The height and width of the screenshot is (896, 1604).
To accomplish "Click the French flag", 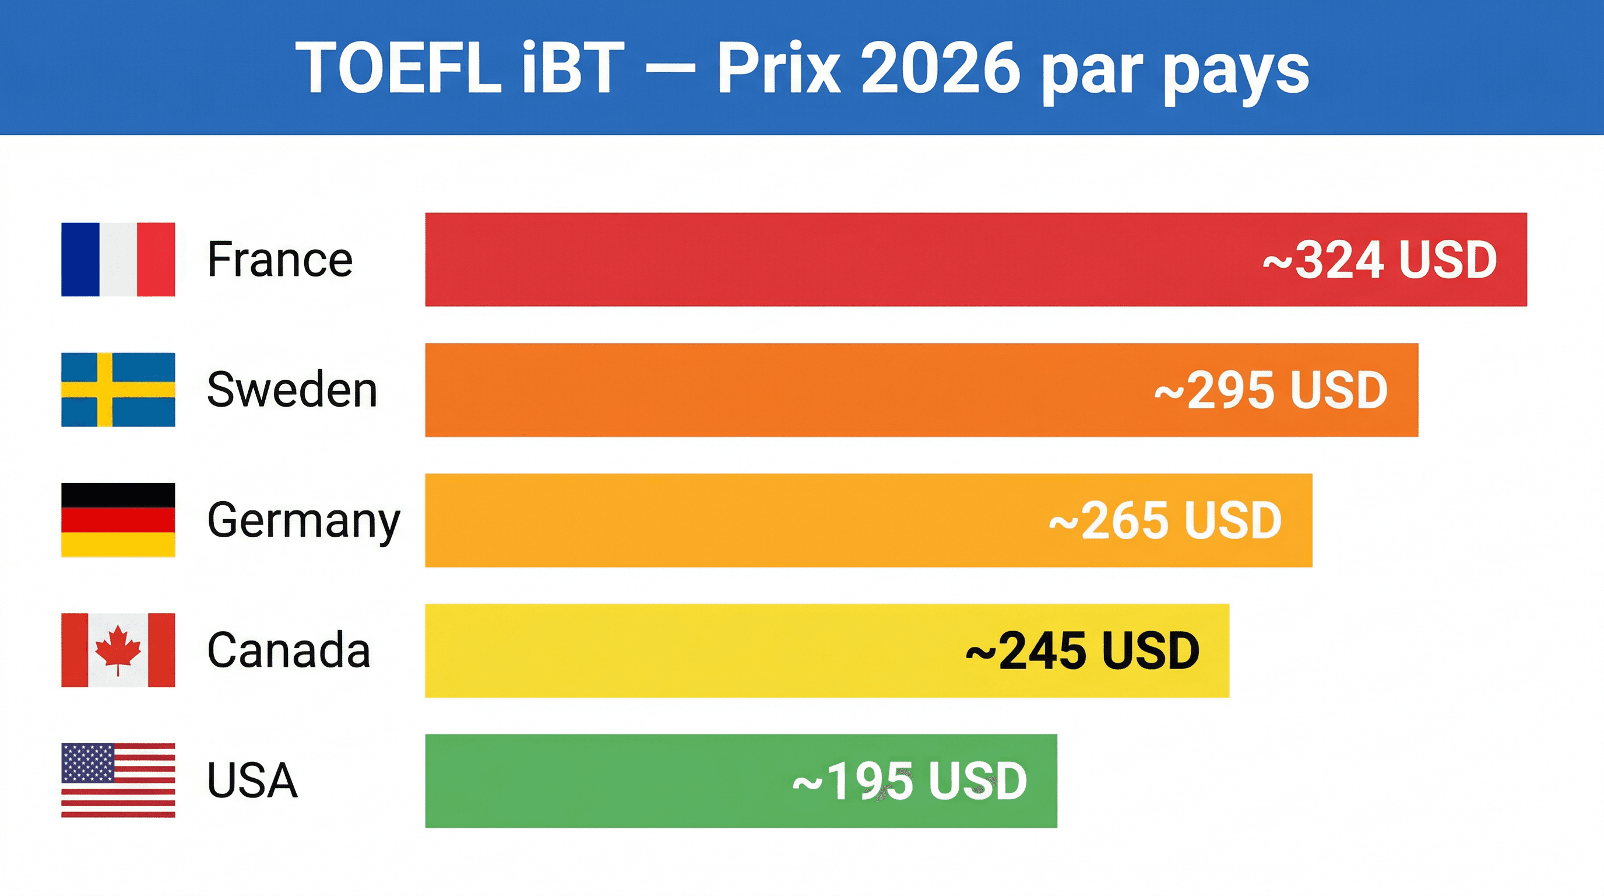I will click(x=118, y=259).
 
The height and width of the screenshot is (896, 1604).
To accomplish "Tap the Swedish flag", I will click(x=118, y=390).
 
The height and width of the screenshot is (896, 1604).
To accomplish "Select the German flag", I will click(x=118, y=520).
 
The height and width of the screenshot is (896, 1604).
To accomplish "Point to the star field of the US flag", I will click(x=88, y=762).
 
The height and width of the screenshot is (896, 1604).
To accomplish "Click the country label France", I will click(x=280, y=259).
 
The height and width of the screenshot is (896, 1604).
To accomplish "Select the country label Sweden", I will click(x=292, y=390).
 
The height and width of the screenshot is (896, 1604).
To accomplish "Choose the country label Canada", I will click(x=289, y=650).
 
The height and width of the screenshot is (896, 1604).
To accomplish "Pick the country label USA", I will click(x=252, y=780).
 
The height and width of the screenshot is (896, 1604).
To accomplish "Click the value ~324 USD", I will click(x=1380, y=260).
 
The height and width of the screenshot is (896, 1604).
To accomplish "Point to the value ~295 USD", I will click(x=1271, y=390).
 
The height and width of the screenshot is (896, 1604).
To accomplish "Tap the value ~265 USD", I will click(x=1165, y=520).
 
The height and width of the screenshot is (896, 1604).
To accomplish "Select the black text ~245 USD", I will click(x=1082, y=650).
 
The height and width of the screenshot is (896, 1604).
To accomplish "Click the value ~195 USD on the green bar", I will click(x=910, y=780).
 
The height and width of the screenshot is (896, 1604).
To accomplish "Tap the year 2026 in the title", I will click(x=940, y=68).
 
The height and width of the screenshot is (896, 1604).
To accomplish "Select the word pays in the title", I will click(x=1236, y=72).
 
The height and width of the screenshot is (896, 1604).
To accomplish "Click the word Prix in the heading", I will click(x=778, y=68).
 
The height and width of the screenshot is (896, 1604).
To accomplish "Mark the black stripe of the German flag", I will click(x=118, y=495).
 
